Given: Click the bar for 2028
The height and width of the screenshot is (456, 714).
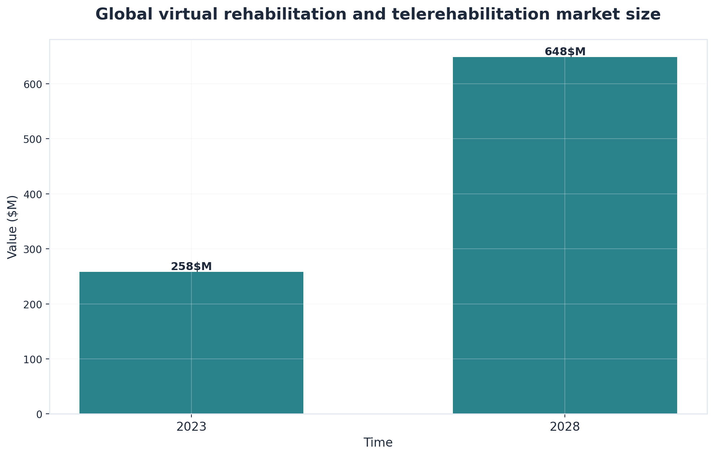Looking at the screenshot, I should [564, 235].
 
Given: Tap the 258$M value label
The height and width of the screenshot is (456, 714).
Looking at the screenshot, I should [191, 266].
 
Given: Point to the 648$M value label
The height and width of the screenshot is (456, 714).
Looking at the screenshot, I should [565, 52].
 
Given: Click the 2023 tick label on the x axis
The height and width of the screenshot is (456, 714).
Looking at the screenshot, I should [191, 427].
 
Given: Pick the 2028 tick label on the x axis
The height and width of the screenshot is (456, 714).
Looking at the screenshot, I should [564, 427].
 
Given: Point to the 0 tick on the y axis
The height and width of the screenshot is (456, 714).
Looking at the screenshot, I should [39, 414].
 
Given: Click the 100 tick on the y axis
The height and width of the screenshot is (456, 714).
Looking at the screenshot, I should [34, 359].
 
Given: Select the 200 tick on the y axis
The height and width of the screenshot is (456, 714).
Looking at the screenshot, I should [34, 304].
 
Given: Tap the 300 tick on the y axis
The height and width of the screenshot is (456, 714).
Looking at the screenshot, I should [34, 249].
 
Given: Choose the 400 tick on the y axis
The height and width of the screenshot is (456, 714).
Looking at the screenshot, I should [34, 194].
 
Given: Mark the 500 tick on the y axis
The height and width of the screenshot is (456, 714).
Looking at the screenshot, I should [34, 139].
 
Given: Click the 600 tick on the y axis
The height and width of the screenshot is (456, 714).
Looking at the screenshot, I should [34, 84].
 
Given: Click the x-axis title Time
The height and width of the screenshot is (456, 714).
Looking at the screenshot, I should [378, 443].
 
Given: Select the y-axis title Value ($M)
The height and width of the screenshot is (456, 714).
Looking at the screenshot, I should [12, 227].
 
